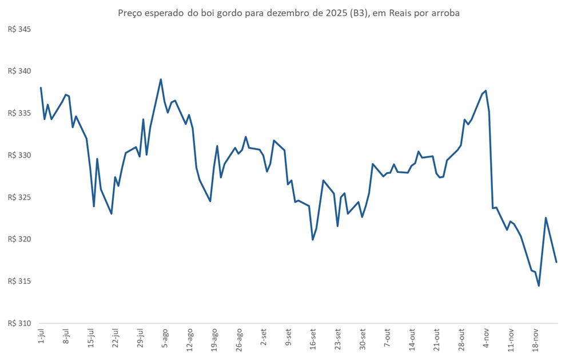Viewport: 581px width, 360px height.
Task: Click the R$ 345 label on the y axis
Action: click(19, 29)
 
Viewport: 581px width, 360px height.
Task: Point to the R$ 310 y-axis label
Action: click(19, 323)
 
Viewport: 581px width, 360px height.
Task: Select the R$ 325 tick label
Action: click(19, 197)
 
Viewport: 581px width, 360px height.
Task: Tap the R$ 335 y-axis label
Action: click(19, 113)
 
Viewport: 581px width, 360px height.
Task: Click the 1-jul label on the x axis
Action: click(41, 338)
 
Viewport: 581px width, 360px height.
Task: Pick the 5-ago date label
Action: click(164, 338)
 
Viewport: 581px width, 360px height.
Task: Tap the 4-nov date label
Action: click(486, 338)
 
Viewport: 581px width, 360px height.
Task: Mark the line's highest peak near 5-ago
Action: click(161, 80)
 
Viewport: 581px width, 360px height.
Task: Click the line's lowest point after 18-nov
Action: click(539, 286)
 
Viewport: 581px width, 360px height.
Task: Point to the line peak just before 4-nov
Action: click(486, 90)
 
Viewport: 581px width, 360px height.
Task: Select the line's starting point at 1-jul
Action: click(41, 88)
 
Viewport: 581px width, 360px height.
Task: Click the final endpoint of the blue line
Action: click(556, 262)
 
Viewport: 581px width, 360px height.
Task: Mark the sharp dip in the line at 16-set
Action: click(312, 239)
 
